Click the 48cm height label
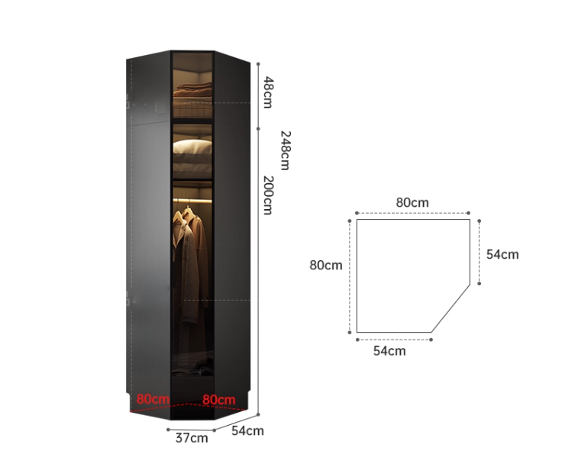(268, 92)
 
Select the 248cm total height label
(285, 150)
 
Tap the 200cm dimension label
(267, 195)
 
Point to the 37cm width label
(192, 438)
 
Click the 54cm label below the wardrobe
(247, 430)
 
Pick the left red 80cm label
(153, 399)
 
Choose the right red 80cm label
(218, 400)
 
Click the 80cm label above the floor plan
(412, 202)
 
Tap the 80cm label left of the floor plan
(326, 265)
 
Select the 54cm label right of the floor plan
(502, 254)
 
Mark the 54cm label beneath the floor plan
(389, 351)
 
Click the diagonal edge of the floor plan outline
(450, 308)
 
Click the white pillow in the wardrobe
(192, 147)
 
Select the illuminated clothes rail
(192, 200)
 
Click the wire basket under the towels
(192, 108)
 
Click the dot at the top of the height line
(258, 64)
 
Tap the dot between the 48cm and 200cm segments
(258, 128)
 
